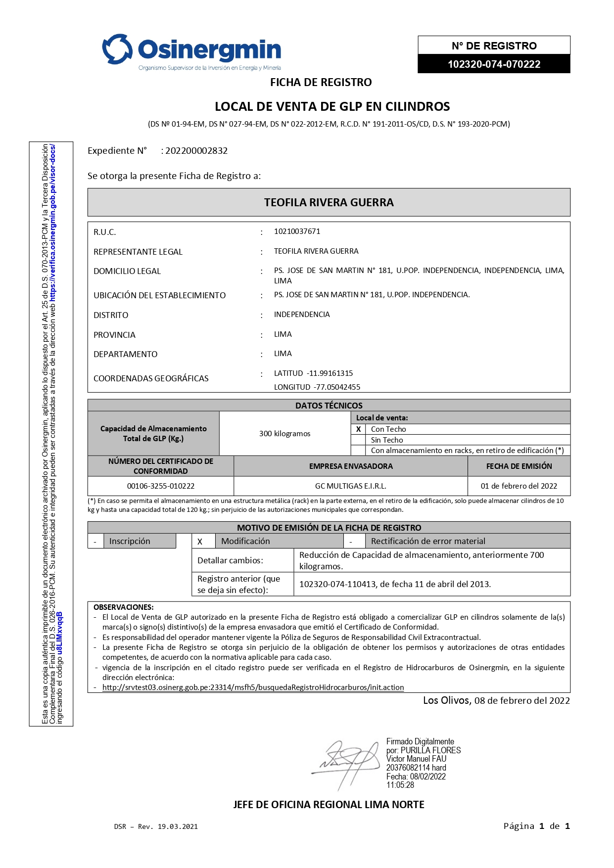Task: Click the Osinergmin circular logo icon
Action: pos(117,49)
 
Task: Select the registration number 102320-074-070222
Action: pos(494,64)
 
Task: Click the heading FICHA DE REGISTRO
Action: pos(321,82)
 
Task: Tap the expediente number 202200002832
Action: pos(196,151)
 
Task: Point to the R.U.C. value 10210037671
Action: pos(297,231)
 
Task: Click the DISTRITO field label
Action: pos(111,315)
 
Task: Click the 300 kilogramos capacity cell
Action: pos(284,434)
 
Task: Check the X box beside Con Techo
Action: pos(358,429)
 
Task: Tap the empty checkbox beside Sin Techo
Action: pos(358,440)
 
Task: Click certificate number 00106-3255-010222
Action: pos(161,486)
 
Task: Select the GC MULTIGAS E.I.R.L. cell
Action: pos(350,486)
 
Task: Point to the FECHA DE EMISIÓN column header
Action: pos(519,466)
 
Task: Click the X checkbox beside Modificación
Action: pos(200,542)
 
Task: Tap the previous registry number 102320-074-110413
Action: pos(338,584)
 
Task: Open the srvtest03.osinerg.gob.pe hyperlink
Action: pos(253,687)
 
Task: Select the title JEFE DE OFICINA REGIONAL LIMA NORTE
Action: pos(329,805)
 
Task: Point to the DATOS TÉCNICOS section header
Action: pos(329,406)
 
